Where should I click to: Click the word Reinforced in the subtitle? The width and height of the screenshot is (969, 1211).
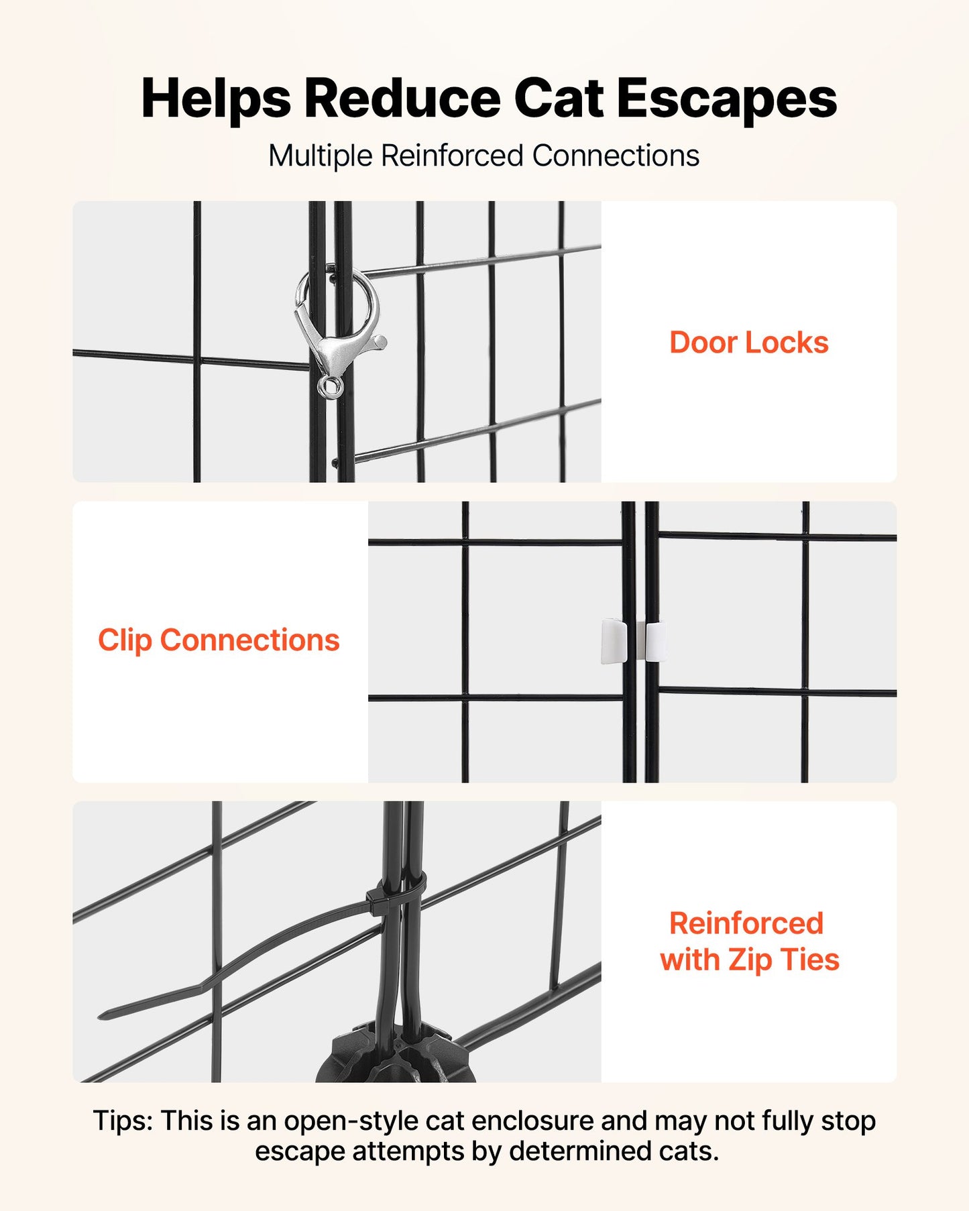point(452,156)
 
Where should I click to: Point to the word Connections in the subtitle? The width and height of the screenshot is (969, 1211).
point(616,156)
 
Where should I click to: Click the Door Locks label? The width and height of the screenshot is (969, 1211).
point(749,343)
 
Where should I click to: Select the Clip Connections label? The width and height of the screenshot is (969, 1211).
point(219,640)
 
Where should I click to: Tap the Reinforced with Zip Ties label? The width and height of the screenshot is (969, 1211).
point(749,941)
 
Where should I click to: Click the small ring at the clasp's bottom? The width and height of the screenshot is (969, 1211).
point(330,387)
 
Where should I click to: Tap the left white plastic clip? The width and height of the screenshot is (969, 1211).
point(614,641)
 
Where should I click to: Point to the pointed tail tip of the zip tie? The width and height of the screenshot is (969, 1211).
point(101,1017)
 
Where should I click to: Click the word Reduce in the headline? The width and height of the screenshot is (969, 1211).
point(402,98)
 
